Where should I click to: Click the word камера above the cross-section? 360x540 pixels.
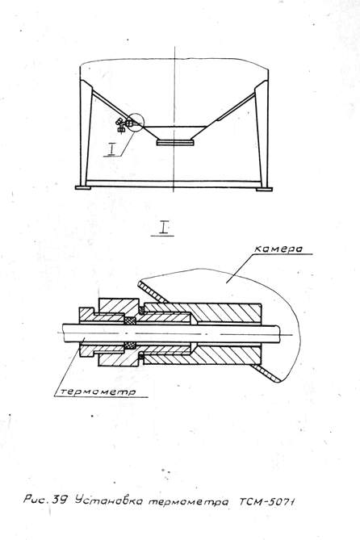pyautogui.click(x=278, y=249)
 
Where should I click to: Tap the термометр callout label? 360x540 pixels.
pyautogui.click(x=98, y=391)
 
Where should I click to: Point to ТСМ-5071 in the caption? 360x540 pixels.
pyautogui.click(x=267, y=502)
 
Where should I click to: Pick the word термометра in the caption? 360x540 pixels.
pyautogui.click(x=188, y=502)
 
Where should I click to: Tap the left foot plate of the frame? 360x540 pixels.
pyautogui.click(x=83, y=188)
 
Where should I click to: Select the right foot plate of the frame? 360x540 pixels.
pyautogui.click(x=264, y=189)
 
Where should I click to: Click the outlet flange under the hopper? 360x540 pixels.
pyautogui.click(x=175, y=142)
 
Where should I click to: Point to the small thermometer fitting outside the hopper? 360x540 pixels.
pyautogui.click(x=120, y=125)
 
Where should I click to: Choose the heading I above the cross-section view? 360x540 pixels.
pyautogui.click(x=163, y=227)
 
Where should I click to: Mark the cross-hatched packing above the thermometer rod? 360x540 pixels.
pyautogui.click(x=130, y=320)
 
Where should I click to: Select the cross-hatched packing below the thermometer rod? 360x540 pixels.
pyautogui.click(x=130, y=345)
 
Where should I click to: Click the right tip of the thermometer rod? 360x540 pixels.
pyautogui.click(x=280, y=334)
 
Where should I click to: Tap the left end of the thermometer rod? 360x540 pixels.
pyautogui.click(x=63, y=333)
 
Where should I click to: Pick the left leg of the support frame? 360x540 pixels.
pyautogui.click(x=86, y=134)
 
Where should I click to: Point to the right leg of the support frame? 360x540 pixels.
pyautogui.click(x=262, y=134)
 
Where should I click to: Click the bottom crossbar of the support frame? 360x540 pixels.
pyautogui.click(x=174, y=184)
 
